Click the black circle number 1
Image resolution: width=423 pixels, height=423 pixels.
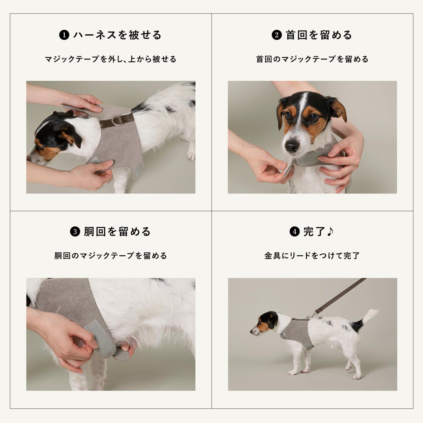pyautogui.click(x=64, y=35)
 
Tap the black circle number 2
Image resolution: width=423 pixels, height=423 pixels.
pyautogui.click(x=277, y=35)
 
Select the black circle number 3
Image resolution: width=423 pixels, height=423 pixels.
pyautogui.click(x=75, y=232)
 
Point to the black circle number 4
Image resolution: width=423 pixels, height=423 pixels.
pyautogui.click(x=295, y=232)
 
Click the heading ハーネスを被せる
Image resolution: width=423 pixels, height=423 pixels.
pyautogui.click(x=117, y=35)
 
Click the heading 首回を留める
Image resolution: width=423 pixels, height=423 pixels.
pyautogui.click(x=319, y=35)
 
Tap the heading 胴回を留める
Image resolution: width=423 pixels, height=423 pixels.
pyautogui.click(x=117, y=232)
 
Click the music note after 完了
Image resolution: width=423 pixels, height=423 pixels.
pyautogui.click(x=330, y=232)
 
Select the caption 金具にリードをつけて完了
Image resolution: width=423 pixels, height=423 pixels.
pyautogui.click(x=312, y=256)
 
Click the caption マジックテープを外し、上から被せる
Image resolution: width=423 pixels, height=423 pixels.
pyautogui.click(x=111, y=59)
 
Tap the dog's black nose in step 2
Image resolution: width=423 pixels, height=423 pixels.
pyautogui.click(x=292, y=146)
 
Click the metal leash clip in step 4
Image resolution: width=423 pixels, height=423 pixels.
pyautogui.click(x=311, y=315)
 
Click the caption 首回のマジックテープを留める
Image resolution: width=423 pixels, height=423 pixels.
pyautogui.click(x=312, y=59)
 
